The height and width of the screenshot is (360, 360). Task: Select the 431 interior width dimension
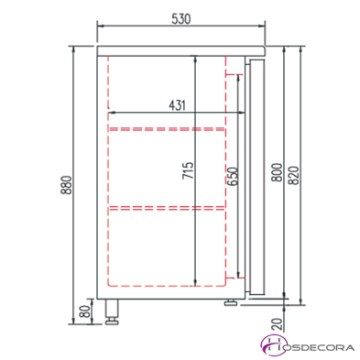click(x=178, y=104)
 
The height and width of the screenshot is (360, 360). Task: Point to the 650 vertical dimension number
click(x=234, y=176)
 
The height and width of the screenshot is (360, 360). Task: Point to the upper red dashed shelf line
click(x=167, y=129)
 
